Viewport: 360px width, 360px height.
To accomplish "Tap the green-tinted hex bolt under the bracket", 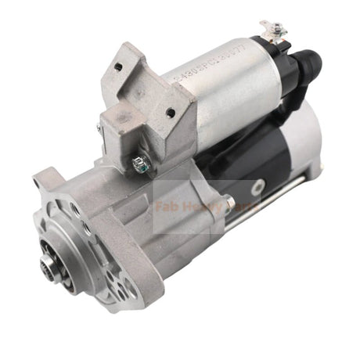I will click(141, 163).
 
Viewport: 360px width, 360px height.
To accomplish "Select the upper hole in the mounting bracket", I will click(117, 67).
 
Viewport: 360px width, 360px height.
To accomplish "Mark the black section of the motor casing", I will click(235, 157).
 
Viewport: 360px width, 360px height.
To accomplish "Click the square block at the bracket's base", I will click(117, 129).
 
